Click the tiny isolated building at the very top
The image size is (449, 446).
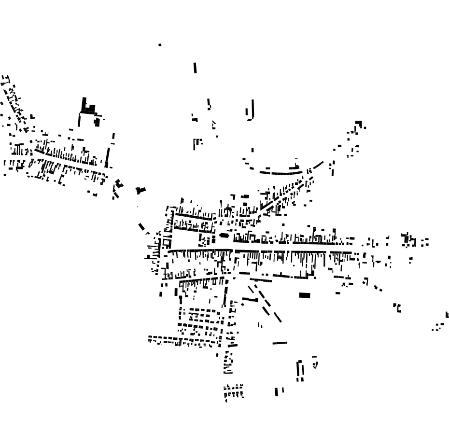pos(160,45)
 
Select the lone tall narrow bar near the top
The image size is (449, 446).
pos(195,68)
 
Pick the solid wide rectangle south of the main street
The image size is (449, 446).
pos(304,295)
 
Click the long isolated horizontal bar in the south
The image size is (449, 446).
pos(280,343)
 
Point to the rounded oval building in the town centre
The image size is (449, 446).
pos(224,236)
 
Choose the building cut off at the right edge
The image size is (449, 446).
pos(447,315)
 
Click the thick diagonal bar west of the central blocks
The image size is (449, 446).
pos(141,226)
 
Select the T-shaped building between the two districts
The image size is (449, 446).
pos(140,191)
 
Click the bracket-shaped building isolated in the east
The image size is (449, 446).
pos(397,307)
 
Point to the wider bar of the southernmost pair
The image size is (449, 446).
pos(277,392)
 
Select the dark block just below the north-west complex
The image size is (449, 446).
pos(97,122)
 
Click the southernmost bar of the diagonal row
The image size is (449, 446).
pos(277,317)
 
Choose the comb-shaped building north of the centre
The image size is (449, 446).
pos(196,144)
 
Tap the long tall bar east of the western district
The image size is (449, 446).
pos(107,157)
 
